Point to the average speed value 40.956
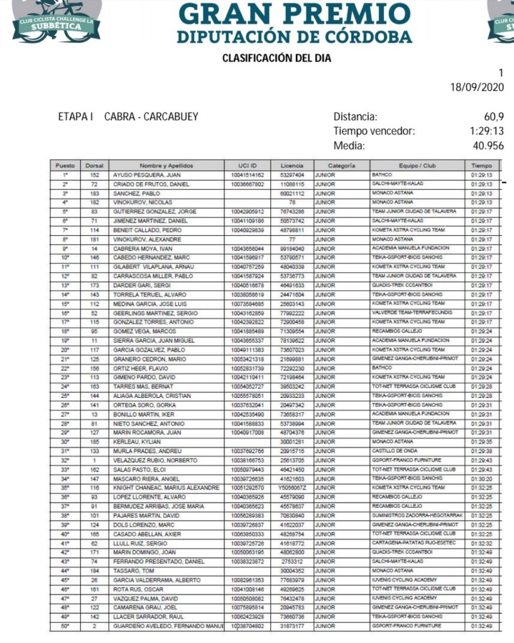pyautogui.click(x=488, y=146)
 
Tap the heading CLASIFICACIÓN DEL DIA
pyautogui.click(x=276, y=58)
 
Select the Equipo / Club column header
pyautogui.click(x=417, y=165)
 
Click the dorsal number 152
pyautogui.click(x=95, y=175)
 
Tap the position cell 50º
pyautogui.click(x=65, y=626)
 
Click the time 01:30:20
pyautogui.click(x=481, y=478)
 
